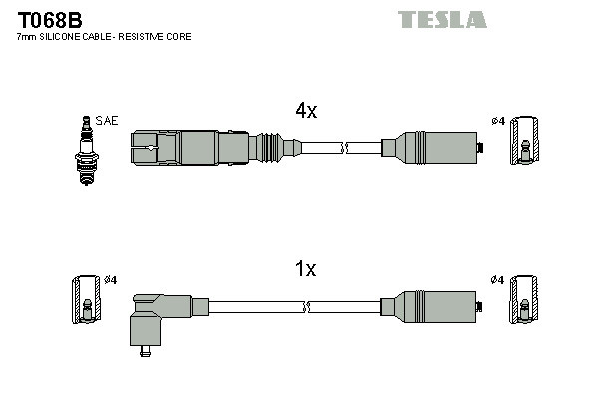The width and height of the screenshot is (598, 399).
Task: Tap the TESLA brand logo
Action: click(442, 19)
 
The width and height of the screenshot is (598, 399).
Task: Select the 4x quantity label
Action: click(305, 112)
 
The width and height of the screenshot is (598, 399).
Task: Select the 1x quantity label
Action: click(305, 268)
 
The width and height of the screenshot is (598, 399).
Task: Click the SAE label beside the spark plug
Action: click(108, 121)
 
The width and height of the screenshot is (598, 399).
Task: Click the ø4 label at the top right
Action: click(497, 121)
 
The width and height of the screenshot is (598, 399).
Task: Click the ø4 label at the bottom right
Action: click(497, 280)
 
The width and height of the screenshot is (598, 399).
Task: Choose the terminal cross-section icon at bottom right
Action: click(525, 299)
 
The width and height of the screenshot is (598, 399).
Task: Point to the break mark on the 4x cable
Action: click(344, 148)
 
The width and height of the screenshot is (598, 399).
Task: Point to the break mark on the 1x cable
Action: click(344, 306)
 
